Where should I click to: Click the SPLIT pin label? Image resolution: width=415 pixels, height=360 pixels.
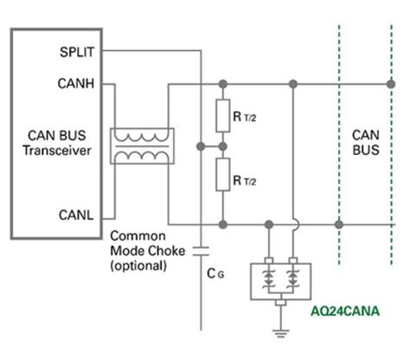tap(77, 52)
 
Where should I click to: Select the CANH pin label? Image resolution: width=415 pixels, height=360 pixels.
tap(76, 84)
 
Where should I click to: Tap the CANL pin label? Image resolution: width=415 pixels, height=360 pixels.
tap(76, 215)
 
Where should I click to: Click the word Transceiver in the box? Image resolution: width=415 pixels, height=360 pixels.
tap(57, 151)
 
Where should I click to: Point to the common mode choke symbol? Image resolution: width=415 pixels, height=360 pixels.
tap(142, 146)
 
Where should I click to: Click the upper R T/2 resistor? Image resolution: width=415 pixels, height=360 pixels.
tap(223, 116)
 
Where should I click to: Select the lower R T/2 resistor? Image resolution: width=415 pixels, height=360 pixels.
tap(223, 175)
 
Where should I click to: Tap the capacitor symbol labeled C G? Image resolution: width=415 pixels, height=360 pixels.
tap(201, 251)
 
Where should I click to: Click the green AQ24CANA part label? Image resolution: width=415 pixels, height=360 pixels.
tap(345, 312)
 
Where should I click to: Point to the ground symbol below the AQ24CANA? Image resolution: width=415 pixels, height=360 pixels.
tap(281, 333)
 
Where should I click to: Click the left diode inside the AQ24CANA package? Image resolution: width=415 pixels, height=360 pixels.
tap(269, 279)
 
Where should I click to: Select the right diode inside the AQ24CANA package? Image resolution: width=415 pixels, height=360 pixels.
tap(293, 279)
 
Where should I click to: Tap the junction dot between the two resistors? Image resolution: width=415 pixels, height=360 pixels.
tap(222, 146)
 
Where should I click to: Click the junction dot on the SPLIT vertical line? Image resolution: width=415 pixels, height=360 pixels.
tap(201, 146)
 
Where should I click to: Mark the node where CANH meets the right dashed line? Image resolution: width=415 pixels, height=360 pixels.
tap(391, 84)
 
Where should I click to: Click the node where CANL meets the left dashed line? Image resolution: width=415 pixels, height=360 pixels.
tap(339, 224)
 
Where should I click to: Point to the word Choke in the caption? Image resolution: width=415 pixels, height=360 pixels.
tap(168, 251)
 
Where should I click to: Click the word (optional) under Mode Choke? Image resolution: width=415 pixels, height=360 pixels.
tap(138, 266)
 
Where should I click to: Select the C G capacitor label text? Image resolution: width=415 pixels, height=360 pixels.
tap(215, 273)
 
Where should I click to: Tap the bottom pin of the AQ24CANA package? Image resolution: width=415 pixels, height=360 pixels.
tap(281, 303)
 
